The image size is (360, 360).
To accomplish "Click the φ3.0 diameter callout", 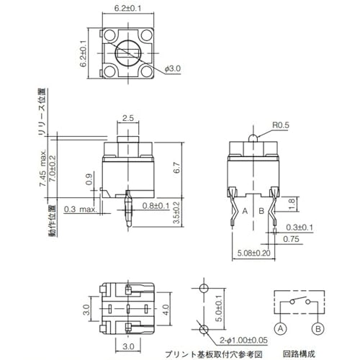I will [x=174, y=68].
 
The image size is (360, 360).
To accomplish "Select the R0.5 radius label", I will [x=282, y=125].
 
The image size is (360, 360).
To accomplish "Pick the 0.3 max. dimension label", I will [x=78, y=210].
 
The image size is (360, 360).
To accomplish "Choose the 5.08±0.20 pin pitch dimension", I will [x=255, y=253].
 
